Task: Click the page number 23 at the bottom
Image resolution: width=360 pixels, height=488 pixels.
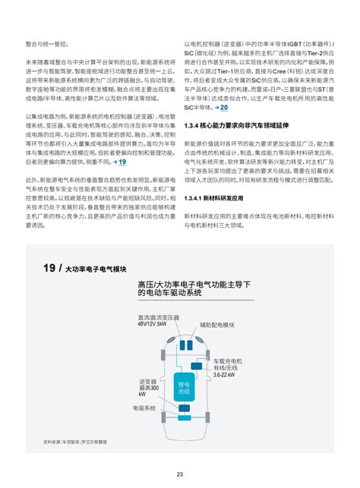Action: pyautogui.click(x=180, y=474)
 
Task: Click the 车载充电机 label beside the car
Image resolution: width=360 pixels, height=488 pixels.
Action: pyautogui.click(x=227, y=361)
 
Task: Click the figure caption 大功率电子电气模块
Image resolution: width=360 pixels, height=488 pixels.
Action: pyautogui.click(x=96, y=270)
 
